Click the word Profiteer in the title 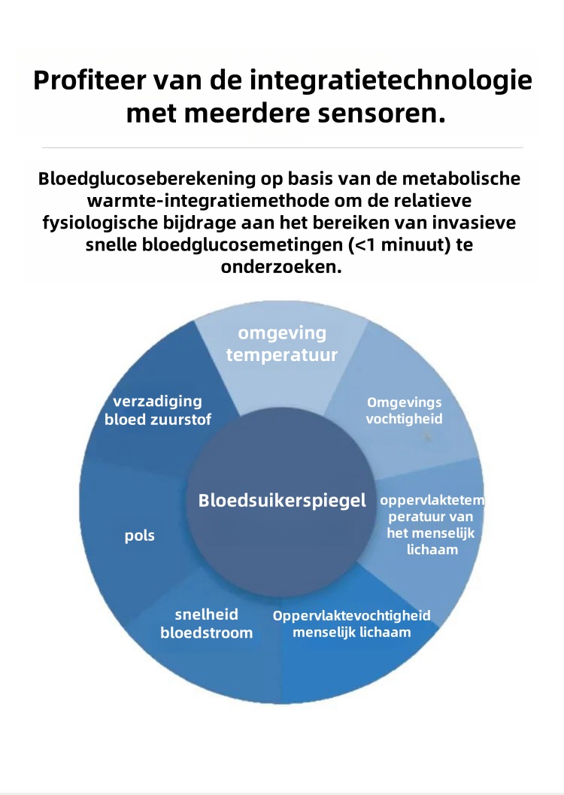click(89, 80)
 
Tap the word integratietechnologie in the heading click(391, 81)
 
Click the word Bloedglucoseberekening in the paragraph click(147, 179)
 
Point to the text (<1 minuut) click(399, 245)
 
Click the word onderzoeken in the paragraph click(281, 267)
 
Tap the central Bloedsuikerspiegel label click(282, 500)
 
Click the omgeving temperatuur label click(282, 344)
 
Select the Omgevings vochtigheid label click(404, 410)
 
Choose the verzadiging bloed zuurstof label click(158, 410)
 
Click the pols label click(139, 536)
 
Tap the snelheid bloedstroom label click(206, 624)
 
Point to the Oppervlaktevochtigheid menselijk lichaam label click(352, 624)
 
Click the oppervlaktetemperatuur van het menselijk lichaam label click(432, 525)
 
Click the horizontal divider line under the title click(282, 147)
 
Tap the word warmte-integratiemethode click(213, 201)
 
